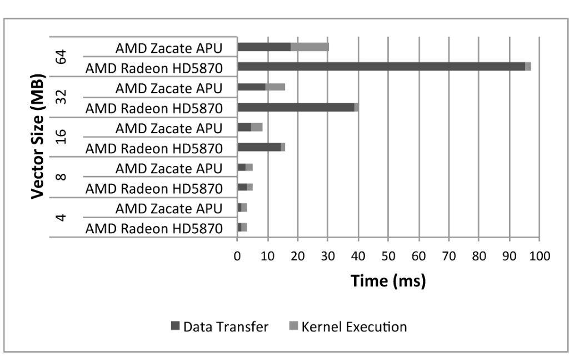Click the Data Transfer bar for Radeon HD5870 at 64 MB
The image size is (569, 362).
pos(381,67)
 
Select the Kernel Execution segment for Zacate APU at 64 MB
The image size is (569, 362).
pos(310,47)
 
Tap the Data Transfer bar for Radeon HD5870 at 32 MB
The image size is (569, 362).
pos(296,107)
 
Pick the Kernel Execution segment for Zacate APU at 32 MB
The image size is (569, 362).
pos(276,87)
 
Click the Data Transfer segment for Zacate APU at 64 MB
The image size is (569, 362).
pos(264,47)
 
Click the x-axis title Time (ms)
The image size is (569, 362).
pos(388,280)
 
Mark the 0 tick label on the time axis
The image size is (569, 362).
pos(237,256)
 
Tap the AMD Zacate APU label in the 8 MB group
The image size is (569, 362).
pos(169,168)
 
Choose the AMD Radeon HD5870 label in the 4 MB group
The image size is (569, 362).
pos(154,228)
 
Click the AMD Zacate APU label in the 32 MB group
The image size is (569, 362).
pos(169,88)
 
